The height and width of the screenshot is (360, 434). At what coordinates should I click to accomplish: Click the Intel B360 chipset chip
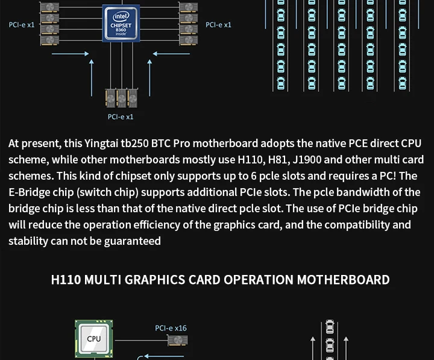(x=122, y=23)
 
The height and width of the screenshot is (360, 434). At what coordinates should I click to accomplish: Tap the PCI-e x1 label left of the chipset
(x=22, y=25)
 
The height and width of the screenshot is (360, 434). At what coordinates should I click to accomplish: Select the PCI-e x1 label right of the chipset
(x=218, y=25)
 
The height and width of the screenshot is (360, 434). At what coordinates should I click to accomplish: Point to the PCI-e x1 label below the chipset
(x=121, y=117)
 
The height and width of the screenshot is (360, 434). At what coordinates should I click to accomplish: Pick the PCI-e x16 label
(x=171, y=329)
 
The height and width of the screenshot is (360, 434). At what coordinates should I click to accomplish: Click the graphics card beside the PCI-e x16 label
(x=178, y=341)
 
